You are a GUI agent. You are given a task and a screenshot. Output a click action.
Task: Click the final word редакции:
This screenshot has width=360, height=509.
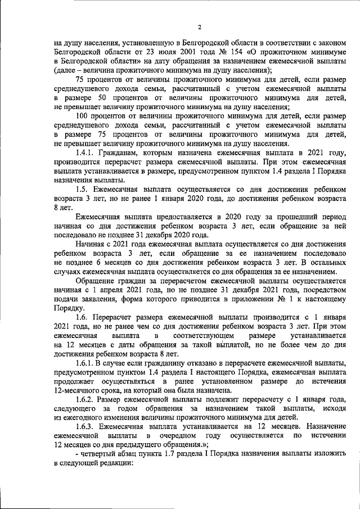115,466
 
